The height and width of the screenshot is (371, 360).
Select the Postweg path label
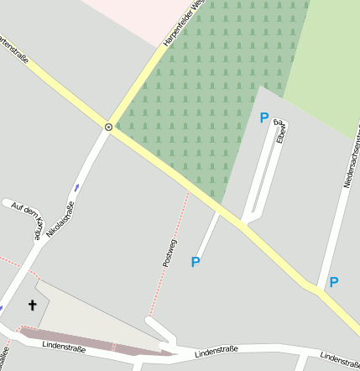(x=170, y=253)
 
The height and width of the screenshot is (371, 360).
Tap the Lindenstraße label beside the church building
(x=60, y=345)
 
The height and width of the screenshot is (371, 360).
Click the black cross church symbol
(x=34, y=306)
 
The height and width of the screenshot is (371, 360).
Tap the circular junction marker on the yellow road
(x=108, y=127)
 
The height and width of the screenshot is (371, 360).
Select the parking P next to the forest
(x=264, y=118)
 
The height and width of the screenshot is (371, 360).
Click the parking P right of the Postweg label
(x=196, y=262)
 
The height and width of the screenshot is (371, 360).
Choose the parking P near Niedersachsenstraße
(x=333, y=282)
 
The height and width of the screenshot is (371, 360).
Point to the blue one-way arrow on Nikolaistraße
(x=77, y=187)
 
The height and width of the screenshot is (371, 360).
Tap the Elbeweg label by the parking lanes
(x=280, y=132)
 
